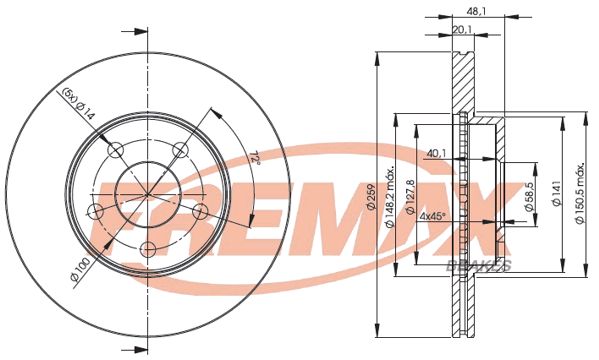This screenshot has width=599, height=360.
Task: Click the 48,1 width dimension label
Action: coord(476,12)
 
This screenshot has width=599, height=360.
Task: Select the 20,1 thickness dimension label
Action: coord(462,29)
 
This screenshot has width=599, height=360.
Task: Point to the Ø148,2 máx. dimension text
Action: coord(390,198)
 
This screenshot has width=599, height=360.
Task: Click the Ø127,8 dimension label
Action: coord(411,196)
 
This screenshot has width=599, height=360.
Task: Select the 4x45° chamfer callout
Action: coord(433,216)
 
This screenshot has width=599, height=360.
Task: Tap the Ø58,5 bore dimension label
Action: coord(529,197)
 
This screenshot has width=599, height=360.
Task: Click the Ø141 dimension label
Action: coord(558,193)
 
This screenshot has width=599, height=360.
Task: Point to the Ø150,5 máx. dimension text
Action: coord(580,194)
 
